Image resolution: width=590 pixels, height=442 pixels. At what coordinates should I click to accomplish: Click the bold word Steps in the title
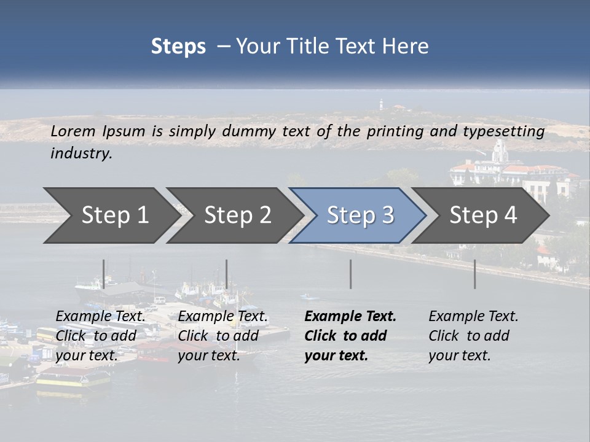(x=178, y=47)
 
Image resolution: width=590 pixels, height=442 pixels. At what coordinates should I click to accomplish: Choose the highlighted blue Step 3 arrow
(x=360, y=215)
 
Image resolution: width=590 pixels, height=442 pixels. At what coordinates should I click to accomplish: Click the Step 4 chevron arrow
(x=483, y=215)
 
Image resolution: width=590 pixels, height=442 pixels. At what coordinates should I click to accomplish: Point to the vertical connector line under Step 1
(x=104, y=274)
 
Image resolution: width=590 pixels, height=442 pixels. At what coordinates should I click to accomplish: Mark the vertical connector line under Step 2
(x=227, y=274)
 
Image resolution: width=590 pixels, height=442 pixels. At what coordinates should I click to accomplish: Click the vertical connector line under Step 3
(x=350, y=274)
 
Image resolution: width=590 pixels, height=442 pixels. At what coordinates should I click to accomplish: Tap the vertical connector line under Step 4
(x=474, y=274)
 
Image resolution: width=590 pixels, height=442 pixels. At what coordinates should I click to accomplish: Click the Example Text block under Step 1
(x=100, y=336)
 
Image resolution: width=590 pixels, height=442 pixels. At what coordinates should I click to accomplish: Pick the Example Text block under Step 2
(x=222, y=336)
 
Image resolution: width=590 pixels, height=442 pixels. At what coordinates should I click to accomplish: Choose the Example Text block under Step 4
(x=473, y=336)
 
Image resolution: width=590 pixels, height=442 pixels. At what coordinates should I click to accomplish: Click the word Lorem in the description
(x=73, y=131)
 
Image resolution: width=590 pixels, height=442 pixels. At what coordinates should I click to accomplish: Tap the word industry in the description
(x=81, y=153)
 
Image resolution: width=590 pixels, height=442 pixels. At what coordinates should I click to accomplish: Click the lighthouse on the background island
(x=381, y=103)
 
